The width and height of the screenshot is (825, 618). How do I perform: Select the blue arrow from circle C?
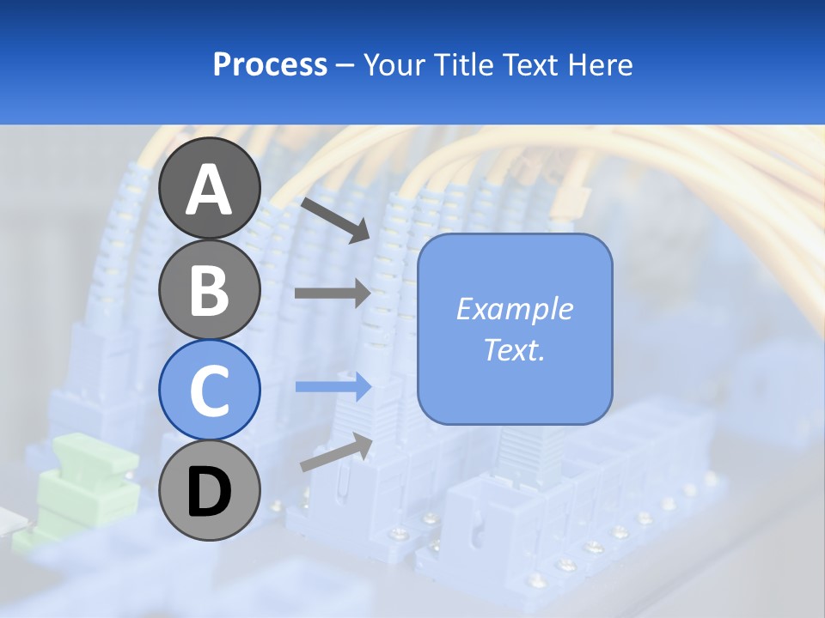333,387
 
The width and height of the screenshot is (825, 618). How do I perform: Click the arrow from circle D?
335,451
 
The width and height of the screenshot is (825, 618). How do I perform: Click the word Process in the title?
270,64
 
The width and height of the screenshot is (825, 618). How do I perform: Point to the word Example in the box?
514,309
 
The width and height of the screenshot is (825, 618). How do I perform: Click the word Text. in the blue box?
514,350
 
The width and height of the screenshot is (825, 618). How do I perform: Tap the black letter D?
209,492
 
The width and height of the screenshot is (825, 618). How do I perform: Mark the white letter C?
209,391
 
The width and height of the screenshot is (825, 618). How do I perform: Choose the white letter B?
209,289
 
